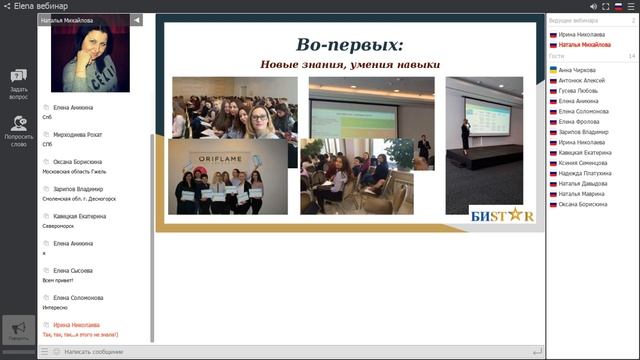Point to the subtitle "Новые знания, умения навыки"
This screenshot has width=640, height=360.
coord(350,65)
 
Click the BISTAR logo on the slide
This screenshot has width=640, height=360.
coord(502,214)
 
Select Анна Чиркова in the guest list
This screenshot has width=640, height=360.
coord(578,70)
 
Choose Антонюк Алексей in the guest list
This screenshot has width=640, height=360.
coord(583,80)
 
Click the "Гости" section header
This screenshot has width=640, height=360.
coord(556,56)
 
